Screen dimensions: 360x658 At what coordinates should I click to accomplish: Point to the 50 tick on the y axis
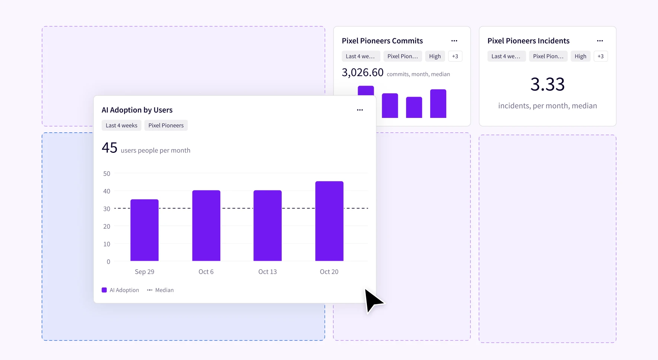[x=107, y=174]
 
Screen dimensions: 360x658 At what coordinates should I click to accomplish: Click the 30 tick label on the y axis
[x=107, y=209]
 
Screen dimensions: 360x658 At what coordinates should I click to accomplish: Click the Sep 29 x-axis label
[x=144, y=272]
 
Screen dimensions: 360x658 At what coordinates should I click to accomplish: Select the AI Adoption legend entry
[x=120, y=290]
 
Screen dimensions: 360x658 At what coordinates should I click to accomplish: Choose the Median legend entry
[x=160, y=290]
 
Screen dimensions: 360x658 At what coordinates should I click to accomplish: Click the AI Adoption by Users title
[x=137, y=110]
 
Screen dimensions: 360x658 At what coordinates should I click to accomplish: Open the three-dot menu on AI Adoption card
[x=360, y=110]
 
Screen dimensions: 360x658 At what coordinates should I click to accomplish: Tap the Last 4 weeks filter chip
[x=121, y=125]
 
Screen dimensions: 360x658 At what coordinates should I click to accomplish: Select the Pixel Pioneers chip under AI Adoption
[x=166, y=125]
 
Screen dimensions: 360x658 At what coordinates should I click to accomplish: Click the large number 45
[x=109, y=148]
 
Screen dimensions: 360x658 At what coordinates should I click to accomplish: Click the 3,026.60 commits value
[x=362, y=73]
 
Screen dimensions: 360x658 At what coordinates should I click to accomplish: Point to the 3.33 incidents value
[x=547, y=84]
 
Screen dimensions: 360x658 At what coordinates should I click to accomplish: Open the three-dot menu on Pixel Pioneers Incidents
[x=600, y=41]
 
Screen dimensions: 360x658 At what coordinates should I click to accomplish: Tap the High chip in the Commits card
[x=435, y=56]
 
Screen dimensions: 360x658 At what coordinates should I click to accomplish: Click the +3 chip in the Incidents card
[x=601, y=56]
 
